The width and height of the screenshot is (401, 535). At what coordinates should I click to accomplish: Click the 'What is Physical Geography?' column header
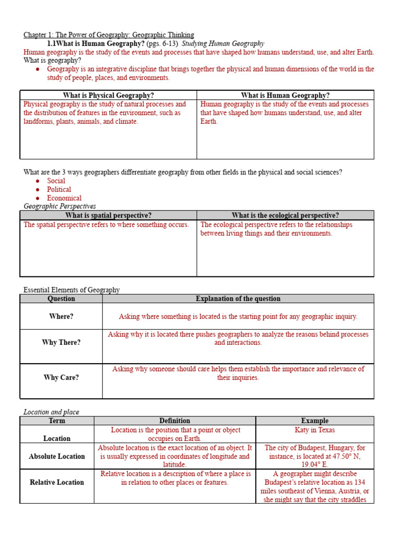108,95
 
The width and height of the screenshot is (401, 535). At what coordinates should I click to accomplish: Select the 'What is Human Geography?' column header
285,95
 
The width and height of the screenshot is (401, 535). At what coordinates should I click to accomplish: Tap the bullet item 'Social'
56,181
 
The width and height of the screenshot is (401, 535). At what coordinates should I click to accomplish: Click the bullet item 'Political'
59,190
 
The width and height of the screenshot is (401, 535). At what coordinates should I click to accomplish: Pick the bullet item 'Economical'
64,198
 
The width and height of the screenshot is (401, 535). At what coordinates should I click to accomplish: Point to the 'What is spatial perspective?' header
108,215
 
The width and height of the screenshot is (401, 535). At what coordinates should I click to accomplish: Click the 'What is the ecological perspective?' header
285,215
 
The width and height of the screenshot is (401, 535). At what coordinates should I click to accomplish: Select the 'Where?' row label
61,317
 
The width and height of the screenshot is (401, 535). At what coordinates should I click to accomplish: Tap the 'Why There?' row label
61,343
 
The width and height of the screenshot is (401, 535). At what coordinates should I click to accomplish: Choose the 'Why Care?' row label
61,377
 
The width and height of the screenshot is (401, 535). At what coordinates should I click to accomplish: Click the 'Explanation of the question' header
238,299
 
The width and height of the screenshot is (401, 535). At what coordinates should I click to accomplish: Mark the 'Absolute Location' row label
57,456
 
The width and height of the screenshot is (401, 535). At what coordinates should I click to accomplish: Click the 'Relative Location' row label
57,482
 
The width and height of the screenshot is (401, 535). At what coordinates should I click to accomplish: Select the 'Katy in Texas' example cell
315,430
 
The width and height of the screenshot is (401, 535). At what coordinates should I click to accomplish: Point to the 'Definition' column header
175,421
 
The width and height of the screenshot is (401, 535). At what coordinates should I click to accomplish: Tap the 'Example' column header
315,421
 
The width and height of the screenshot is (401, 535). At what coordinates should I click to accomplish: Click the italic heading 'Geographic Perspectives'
60,206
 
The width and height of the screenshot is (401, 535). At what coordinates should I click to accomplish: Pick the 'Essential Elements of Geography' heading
72,290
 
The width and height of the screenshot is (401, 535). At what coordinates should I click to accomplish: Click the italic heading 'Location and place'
51,412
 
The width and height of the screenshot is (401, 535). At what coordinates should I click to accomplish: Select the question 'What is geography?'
52,61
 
